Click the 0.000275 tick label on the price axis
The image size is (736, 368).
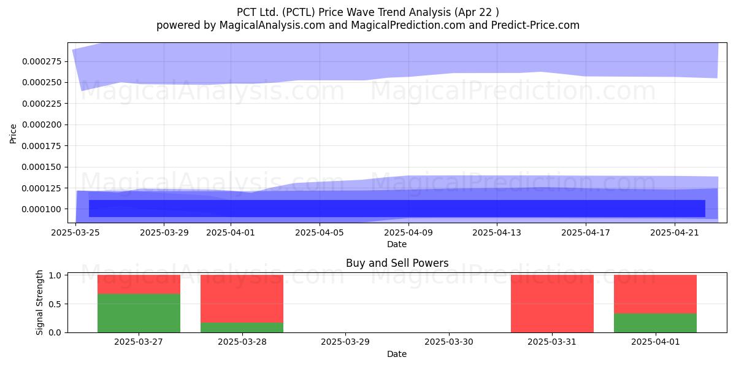(x=42, y=61)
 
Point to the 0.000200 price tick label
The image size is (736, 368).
(x=42, y=125)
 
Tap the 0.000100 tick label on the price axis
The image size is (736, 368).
(x=42, y=209)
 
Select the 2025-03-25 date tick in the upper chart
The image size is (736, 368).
(x=75, y=232)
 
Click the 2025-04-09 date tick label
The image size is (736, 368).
(x=408, y=232)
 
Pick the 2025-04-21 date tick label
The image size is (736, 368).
(x=675, y=232)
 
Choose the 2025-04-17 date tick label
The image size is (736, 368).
(x=586, y=232)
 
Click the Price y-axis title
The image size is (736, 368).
(x=13, y=134)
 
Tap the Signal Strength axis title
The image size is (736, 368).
(x=39, y=302)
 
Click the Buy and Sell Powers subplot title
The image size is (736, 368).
(x=397, y=263)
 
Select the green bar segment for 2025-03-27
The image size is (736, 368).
(x=139, y=313)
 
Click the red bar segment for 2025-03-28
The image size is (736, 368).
(x=242, y=299)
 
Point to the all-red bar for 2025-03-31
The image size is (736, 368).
(x=552, y=304)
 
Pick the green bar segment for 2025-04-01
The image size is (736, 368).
(x=655, y=323)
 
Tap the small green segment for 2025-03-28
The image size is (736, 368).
(x=242, y=328)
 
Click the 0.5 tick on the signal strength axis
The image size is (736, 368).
(x=55, y=304)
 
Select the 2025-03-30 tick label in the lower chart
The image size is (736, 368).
(x=449, y=342)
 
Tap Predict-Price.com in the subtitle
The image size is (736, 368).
(x=535, y=25)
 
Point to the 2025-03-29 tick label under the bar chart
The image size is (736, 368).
(x=345, y=342)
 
